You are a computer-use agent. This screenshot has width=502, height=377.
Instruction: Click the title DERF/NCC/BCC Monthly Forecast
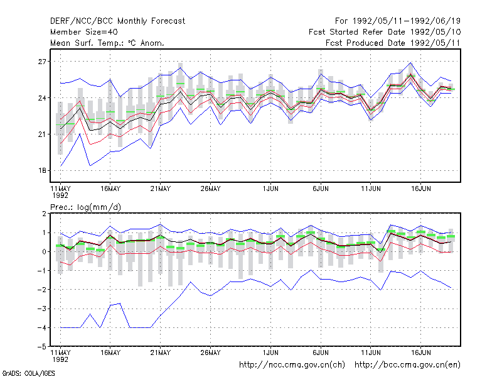click(x=117, y=21)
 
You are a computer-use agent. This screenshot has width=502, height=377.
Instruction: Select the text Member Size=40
click(x=84, y=32)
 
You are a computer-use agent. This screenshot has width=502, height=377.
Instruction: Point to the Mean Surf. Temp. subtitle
click(x=107, y=43)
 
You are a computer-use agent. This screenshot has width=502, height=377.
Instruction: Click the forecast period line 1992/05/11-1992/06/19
click(x=398, y=21)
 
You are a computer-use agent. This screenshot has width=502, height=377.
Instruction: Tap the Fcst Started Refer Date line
click(x=385, y=32)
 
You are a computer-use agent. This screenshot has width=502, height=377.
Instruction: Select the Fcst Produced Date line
click(x=393, y=43)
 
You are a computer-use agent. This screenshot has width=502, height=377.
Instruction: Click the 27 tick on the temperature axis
click(x=42, y=62)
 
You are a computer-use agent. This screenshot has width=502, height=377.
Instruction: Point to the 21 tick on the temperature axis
click(x=42, y=134)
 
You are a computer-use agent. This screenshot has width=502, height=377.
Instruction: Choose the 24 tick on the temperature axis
click(x=42, y=98)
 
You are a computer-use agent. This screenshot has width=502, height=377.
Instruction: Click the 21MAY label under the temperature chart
click(x=161, y=189)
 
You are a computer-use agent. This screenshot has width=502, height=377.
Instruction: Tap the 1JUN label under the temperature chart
click(x=270, y=189)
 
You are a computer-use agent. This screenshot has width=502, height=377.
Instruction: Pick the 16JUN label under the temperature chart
click(x=420, y=189)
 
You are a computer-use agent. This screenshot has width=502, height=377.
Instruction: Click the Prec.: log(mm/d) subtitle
click(x=85, y=207)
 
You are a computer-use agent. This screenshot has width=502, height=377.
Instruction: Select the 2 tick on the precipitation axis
click(x=44, y=214)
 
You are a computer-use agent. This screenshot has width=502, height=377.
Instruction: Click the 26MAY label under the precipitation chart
click(x=210, y=352)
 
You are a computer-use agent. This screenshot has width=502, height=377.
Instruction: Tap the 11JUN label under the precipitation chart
click(x=371, y=352)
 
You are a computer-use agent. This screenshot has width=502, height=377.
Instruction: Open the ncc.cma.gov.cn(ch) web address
click(x=292, y=365)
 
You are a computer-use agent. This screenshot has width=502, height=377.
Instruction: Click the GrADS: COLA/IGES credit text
click(x=28, y=373)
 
